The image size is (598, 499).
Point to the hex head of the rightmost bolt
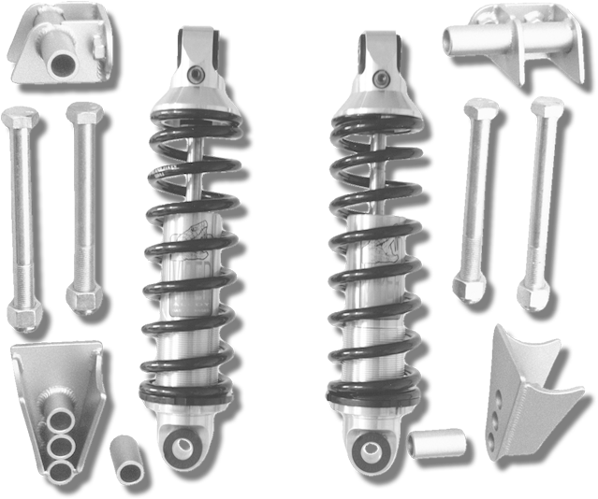[547, 108]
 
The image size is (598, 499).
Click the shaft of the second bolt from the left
[80, 206]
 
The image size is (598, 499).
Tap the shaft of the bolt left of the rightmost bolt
[473, 196]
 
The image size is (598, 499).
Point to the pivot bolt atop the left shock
[195, 75]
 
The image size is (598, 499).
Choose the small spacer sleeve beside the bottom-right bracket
[437, 442]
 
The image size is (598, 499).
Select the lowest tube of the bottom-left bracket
[60, 460]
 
